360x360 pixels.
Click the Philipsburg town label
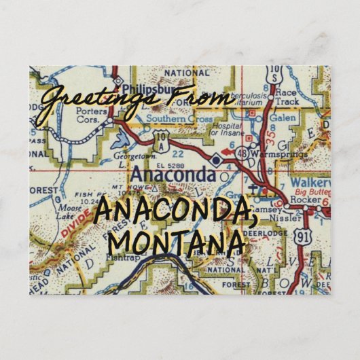point(141,88)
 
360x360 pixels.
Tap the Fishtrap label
point(122,259)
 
